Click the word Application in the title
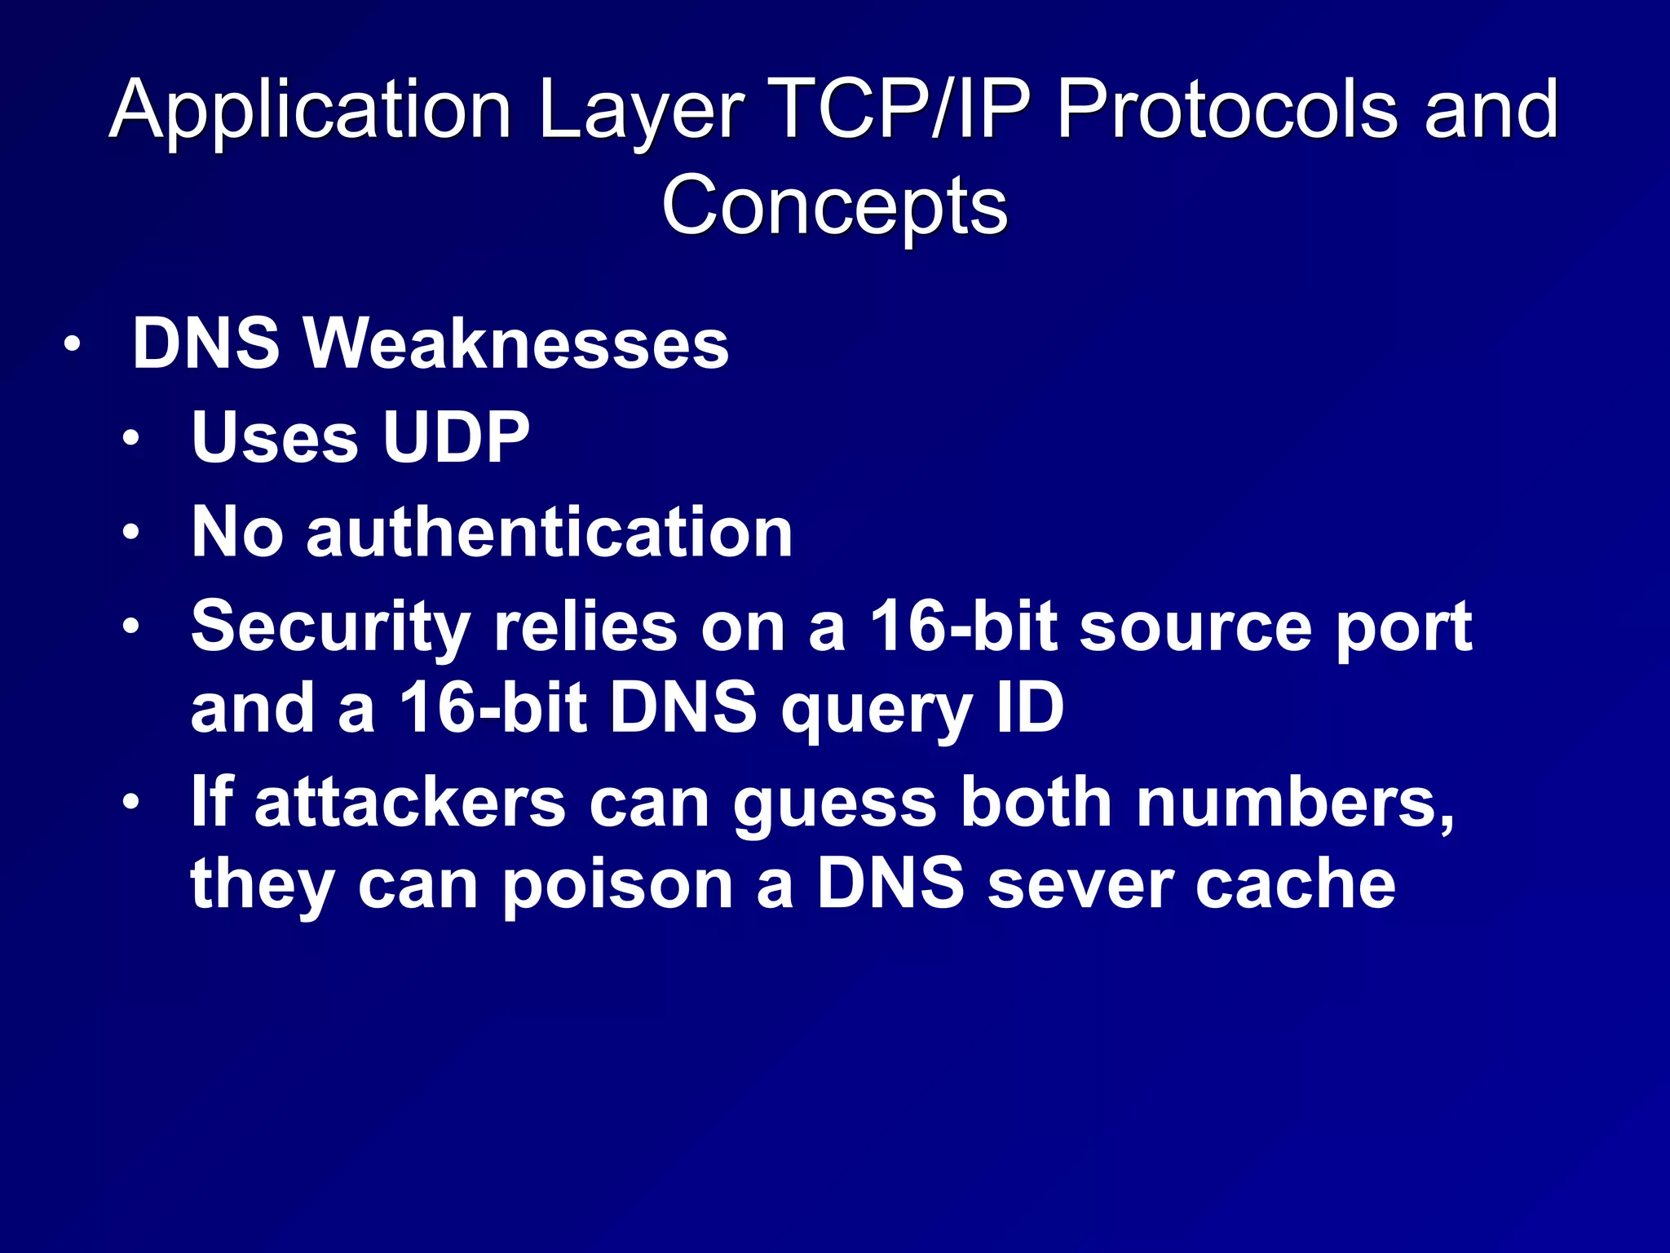[310, 110]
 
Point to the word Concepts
[834, 206]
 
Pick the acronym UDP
[456, 437]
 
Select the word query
[876, 710]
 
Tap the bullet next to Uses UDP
[130, 440]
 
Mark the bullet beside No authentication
[130, 534]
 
